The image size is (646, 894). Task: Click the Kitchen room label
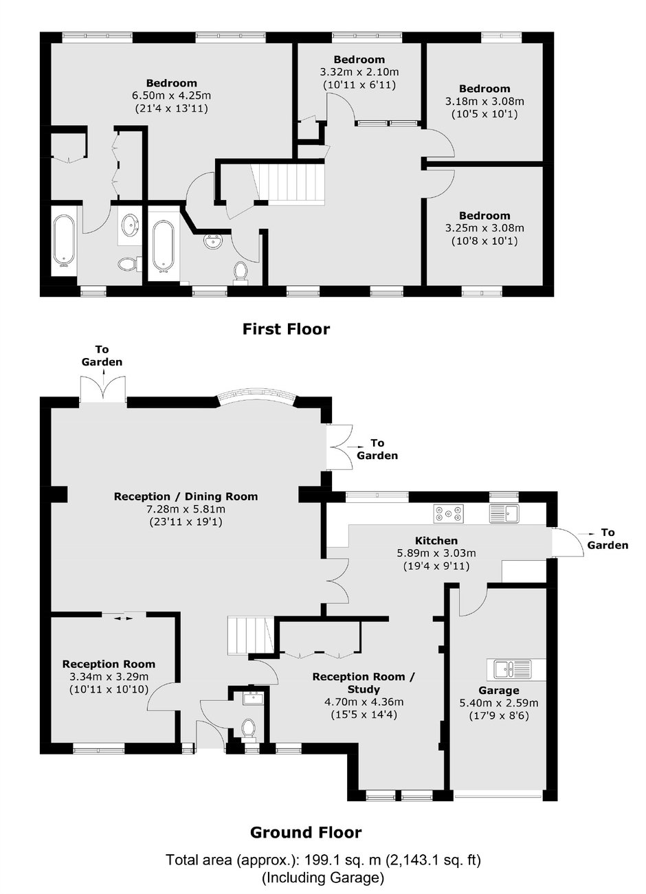coord(436,540)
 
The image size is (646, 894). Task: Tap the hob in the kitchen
coord(449,514)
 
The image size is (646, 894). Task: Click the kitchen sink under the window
coord(504,513)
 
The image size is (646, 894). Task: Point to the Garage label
coord(499,690)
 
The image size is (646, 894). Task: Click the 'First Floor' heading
coord(287,329)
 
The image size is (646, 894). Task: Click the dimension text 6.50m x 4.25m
coord(171,96)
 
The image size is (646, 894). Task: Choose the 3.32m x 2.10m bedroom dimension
coord(359,72)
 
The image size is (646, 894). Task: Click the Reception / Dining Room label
coord(186,497)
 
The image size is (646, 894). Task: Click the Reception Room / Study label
coord(364,683)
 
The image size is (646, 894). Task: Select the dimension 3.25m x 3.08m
coord(485,228)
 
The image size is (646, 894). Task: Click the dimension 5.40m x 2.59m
coord(499,703)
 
